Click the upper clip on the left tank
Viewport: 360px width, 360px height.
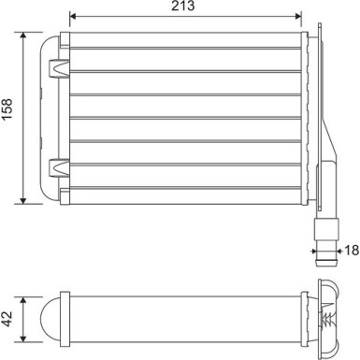coord(58,68)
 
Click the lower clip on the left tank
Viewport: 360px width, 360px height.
coord(58,167)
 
